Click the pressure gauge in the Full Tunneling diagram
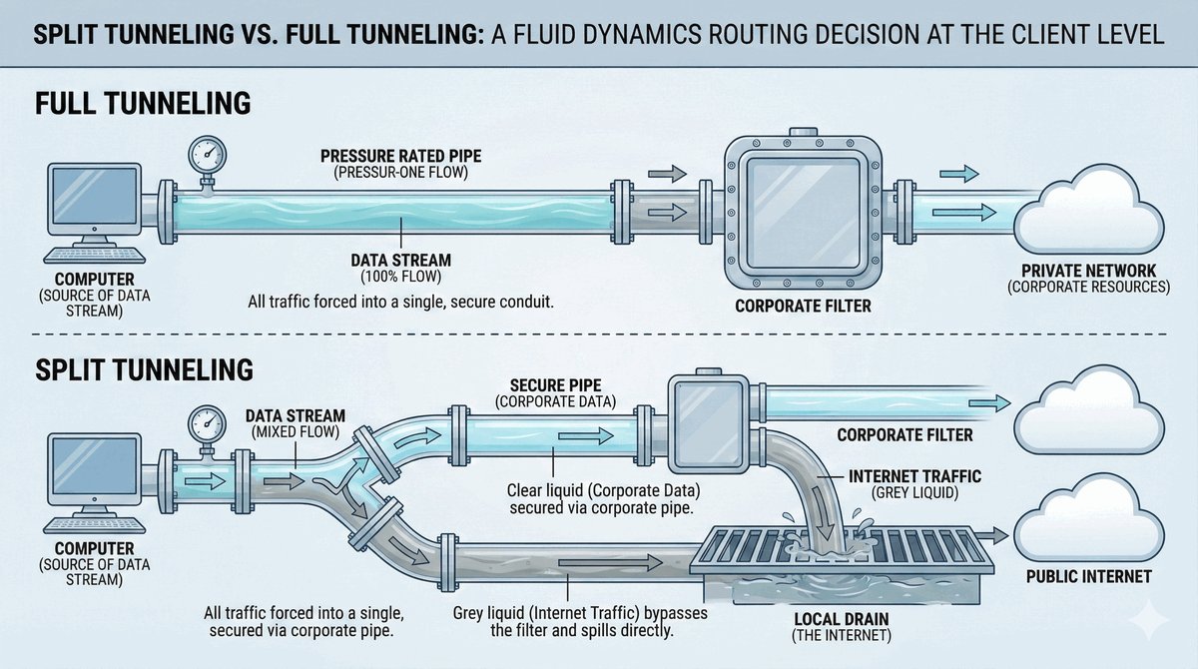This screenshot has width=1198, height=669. pos(206,155)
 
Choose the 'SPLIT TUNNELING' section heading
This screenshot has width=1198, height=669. pos(144,368)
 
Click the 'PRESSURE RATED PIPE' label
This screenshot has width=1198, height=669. pos(401,157)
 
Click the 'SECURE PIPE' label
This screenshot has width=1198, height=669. pos(554,384)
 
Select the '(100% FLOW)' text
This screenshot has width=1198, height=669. pos(401,276)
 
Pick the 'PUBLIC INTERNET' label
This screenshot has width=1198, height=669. pos(1088,576)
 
